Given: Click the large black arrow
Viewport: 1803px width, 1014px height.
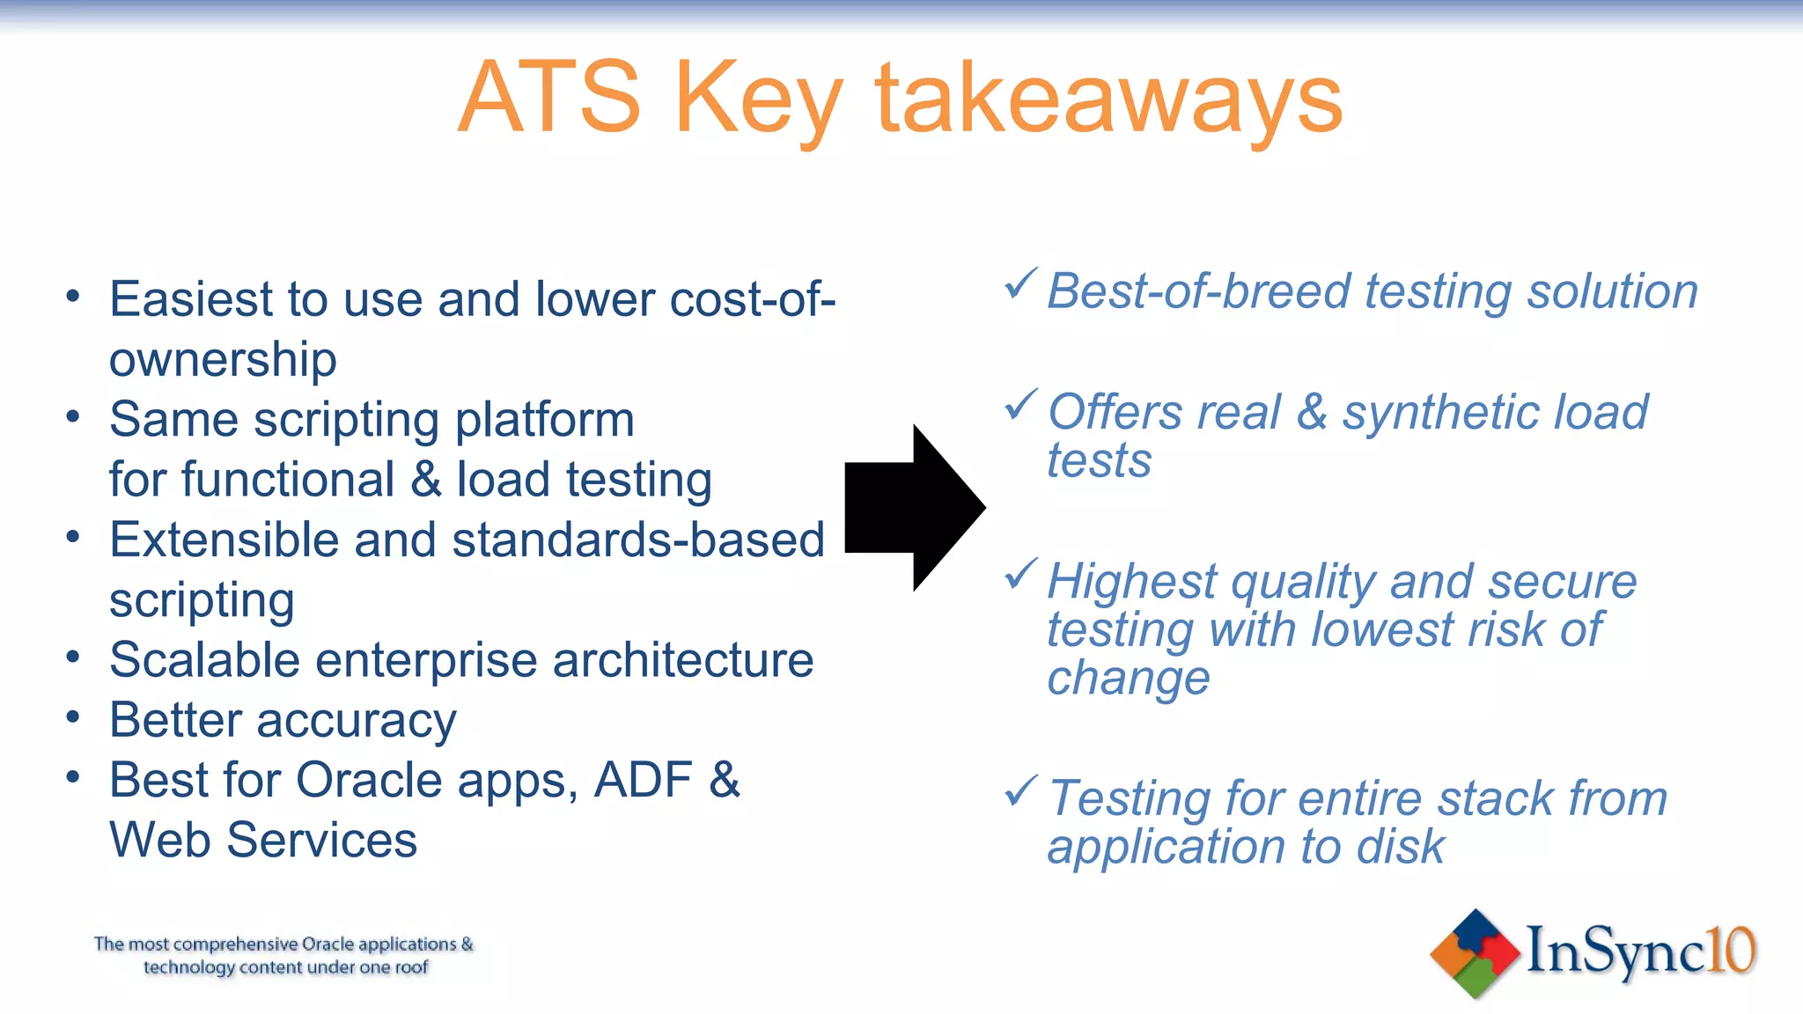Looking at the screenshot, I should click(x=916, y=508).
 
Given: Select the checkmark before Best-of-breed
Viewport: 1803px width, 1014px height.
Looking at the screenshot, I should click(x=1021, y=284).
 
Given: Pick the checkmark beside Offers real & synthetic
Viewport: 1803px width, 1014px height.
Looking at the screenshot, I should click(x=1021, y=405).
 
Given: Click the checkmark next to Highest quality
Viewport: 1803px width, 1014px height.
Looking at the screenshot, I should click(x=1021, y=575).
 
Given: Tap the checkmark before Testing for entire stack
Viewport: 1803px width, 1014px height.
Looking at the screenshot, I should click(x=1021, y=791).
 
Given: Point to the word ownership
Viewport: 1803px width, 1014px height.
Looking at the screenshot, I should click(x=223, y=360).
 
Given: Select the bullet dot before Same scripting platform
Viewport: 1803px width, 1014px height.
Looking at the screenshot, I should click(x=73, y=415).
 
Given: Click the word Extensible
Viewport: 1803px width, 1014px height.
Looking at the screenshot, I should click(x=224, y=540).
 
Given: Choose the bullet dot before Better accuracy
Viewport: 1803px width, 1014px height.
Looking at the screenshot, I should click(x=73, y=716).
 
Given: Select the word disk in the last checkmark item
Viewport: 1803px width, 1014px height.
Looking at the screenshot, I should click(x=1400, y=847).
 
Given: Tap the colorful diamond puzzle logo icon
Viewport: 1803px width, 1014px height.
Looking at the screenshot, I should click(x=1475, y=954).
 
